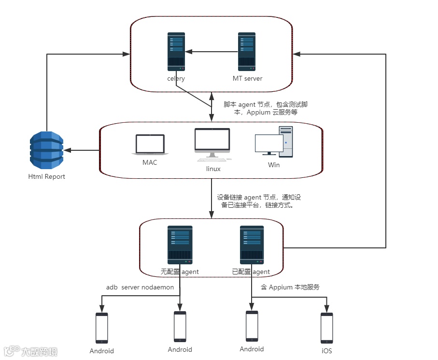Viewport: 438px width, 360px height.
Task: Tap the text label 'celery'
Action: [x=176, y=79]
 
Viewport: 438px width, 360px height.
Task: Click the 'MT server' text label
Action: [x=247, y=79]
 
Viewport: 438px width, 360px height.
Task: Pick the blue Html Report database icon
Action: [x=46, y=149]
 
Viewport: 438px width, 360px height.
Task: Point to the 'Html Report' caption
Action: [x=46, y=176]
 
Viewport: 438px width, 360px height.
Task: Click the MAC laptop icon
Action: [x=150, y=145]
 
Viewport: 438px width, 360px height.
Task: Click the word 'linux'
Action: [x=213, y=169]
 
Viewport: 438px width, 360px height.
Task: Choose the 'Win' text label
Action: [x=274, y=165]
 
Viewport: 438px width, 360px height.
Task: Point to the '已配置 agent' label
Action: [x=251, y=272]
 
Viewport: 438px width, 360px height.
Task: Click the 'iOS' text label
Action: [x=327, y=351]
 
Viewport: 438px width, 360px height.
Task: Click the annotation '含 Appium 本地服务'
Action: [x=290, y=287]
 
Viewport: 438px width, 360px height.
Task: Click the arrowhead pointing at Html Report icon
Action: [x=67, y=150]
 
